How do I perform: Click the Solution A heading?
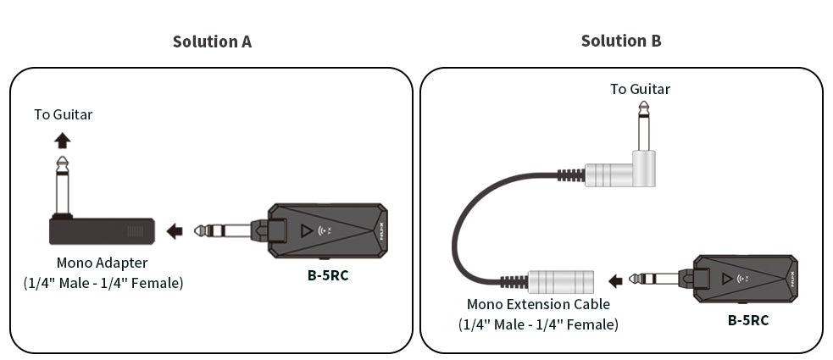coord(212,42)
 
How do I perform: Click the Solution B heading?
coord(621,41)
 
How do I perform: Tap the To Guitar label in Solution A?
coord(63,114)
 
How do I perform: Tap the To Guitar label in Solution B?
coord(640,89)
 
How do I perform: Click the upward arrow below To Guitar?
coord(63,140)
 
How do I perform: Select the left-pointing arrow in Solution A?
coord(175,230)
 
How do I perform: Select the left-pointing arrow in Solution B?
coord(616,279)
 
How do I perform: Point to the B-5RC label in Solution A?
coord(328,274)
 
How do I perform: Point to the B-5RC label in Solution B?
coord(748,320)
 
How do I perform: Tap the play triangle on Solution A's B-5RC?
coord(306,230)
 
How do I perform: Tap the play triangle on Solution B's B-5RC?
coord(727,278)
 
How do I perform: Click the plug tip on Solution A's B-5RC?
coord(201,230)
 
